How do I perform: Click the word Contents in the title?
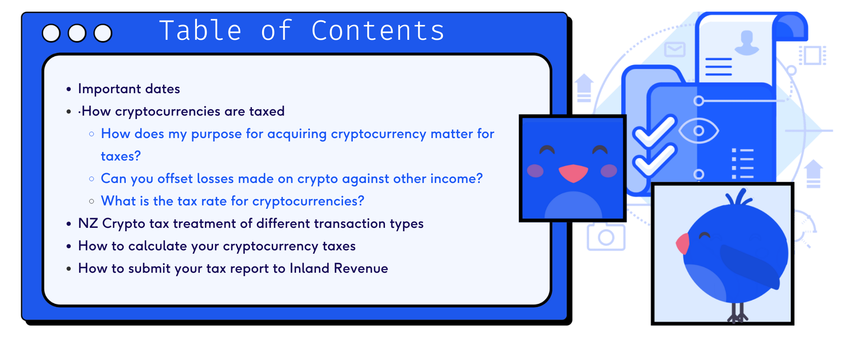pos(378,30)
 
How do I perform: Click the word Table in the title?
pos(200,30)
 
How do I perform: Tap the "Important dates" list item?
pos(129,89)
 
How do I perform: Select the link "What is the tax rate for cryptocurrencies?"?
pos(233,201)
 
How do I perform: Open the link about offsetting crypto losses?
pos(292,179)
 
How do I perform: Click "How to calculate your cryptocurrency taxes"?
pos(217,246)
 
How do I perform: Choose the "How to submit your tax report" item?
pos(233,269)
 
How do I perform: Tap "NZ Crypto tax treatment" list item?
pos(251,224)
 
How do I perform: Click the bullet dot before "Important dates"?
pos(69,89)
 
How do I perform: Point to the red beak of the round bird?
pos(683,244)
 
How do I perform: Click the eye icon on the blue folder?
pos(699,130)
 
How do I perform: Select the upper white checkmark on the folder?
pos(654,131)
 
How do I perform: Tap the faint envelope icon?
pos(675,50)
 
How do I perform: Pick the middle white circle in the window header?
pos(77,33)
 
